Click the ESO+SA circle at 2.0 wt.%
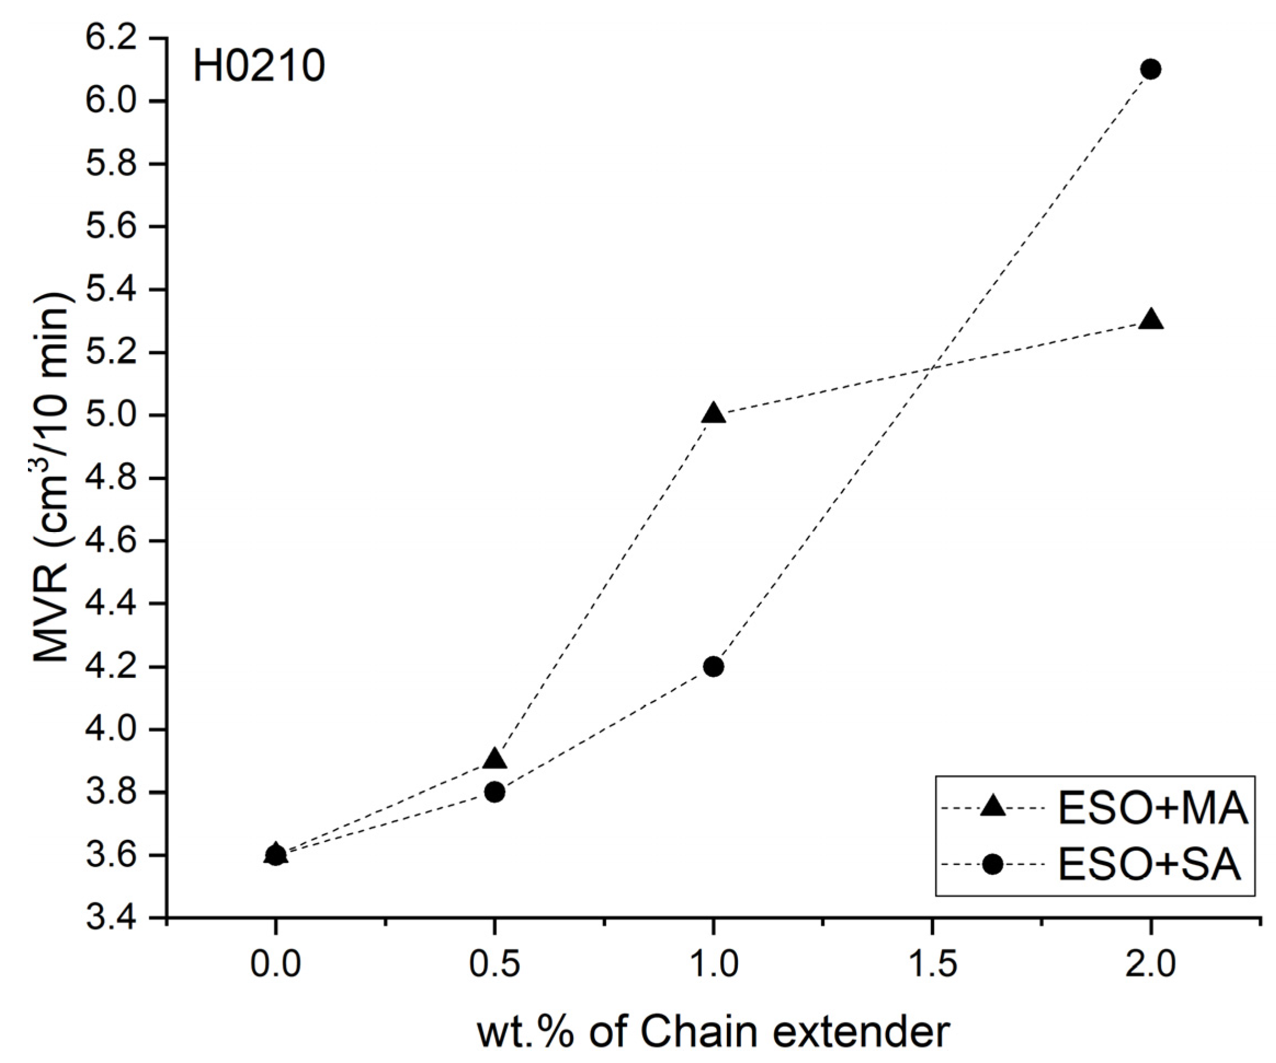pos(1150,69)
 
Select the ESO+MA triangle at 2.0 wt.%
pos(1150,320)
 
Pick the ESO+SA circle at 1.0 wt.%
pos(713,666)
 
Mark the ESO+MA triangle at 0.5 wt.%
pos(495,759)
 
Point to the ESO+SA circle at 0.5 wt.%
pos(495,792)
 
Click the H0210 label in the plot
pos(259,67)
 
